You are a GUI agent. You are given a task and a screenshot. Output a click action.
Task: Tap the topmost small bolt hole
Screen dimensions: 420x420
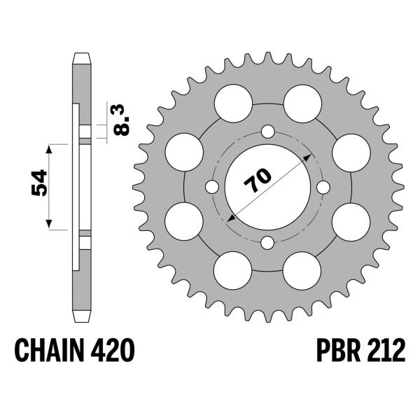click(267, 132)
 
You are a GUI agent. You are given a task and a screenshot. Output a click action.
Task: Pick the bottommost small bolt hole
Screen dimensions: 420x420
click(267, 243)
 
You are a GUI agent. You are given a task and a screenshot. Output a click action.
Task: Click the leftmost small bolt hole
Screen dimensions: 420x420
click(212, 187)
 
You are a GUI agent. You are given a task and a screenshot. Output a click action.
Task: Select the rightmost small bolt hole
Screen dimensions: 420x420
click(323, 187)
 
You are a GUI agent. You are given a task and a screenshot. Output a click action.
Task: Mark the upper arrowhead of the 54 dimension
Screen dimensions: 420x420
click(49, 149)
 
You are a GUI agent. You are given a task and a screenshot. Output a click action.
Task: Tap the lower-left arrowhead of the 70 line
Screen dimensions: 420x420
click(230, 220)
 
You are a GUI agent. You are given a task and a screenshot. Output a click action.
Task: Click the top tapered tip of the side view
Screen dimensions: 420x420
click(82, 57)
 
